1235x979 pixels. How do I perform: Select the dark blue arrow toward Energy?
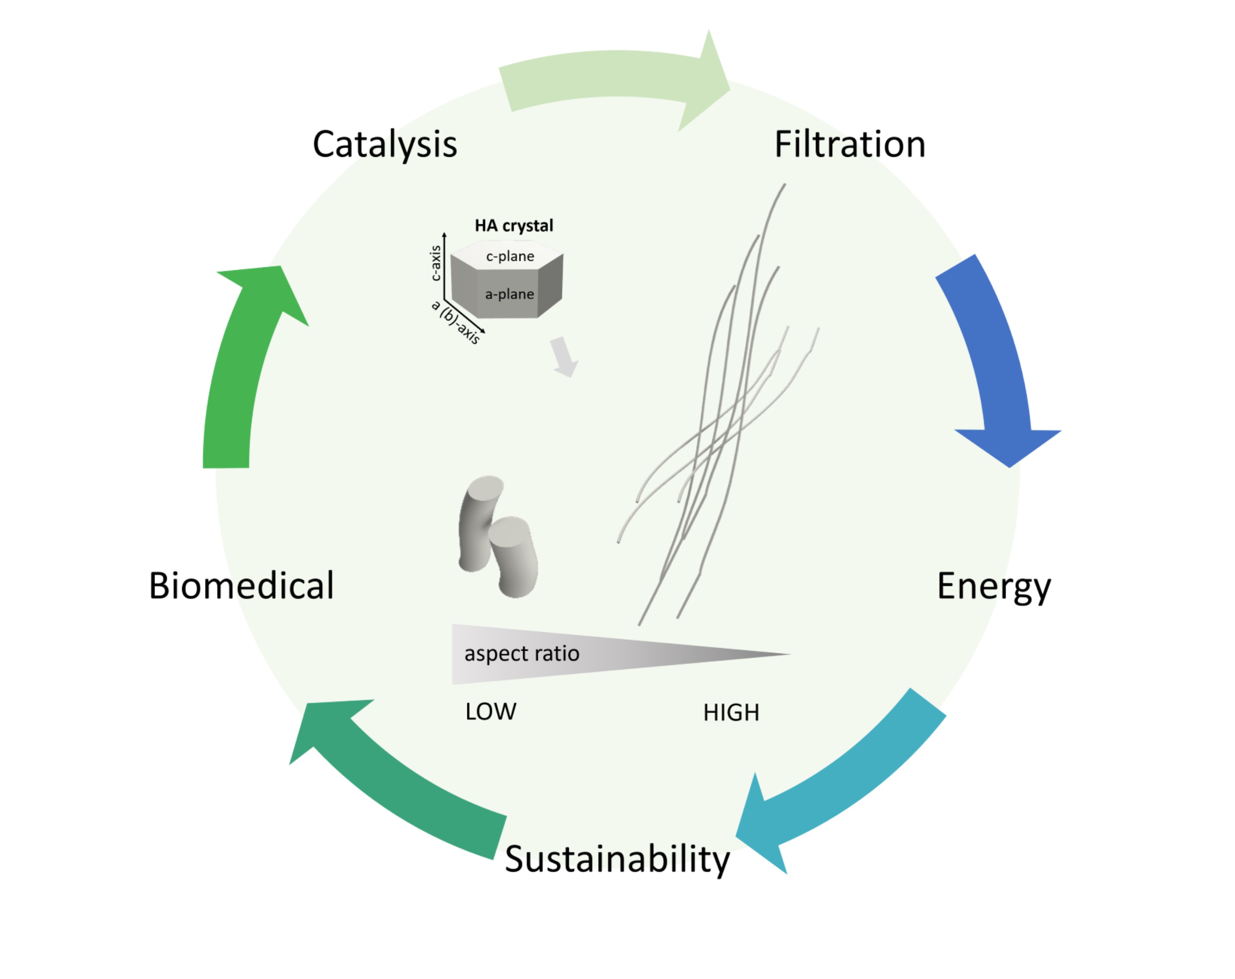997,366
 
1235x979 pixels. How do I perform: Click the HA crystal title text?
514,226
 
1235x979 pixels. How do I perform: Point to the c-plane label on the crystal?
510,256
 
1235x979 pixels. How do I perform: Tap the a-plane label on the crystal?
509,294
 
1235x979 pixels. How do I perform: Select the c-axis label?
436,264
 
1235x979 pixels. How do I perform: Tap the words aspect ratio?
521,654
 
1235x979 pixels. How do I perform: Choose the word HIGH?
731,713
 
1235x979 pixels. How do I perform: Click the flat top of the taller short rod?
486,488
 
